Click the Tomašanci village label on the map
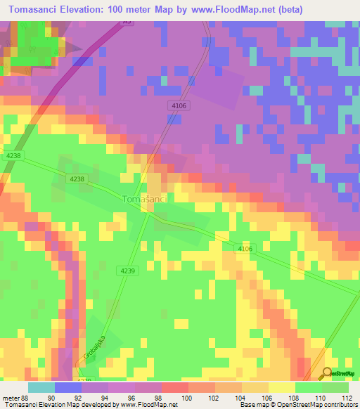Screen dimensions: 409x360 point(145,200)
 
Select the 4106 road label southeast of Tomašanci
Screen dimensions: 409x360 point(243,248)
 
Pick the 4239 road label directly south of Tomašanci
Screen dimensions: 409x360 point(128,271)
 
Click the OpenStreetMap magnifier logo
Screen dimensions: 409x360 point(328,373)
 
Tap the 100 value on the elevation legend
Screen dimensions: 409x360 point(188,397)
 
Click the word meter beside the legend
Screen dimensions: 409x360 point(11,397)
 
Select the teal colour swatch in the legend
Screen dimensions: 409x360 point(41,387)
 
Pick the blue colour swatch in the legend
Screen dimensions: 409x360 point(67,387)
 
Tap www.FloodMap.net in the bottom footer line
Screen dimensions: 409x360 point(149,404)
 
